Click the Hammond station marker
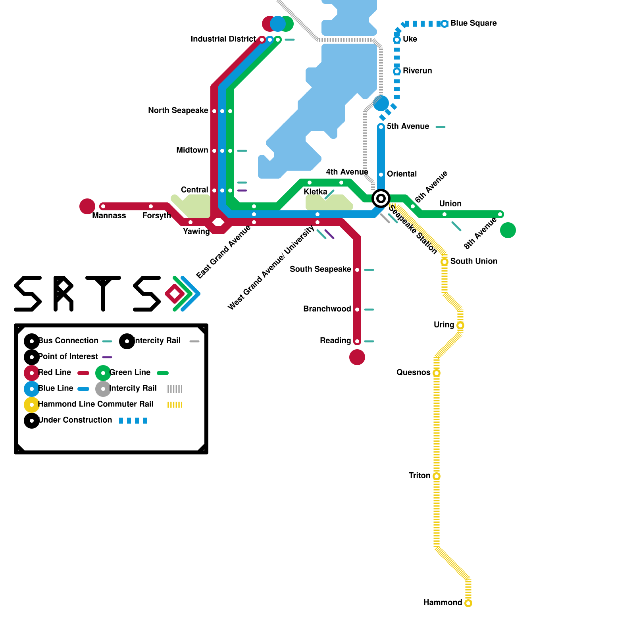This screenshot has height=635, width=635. (468, 603)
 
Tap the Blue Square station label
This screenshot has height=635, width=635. (473, 23)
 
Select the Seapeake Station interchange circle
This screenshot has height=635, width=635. (381, 198)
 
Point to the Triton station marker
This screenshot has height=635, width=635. (437, 476)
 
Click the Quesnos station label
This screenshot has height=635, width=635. (413, 373)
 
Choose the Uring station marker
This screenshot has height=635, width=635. (460, 325)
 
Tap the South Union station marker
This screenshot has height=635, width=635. (444, 262)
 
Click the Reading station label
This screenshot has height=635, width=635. (335, 341)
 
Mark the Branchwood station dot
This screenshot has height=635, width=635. (357, 310)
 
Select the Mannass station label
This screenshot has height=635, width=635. (109, 216)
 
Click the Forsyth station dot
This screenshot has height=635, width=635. (151, 206)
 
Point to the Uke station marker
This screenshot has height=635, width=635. (397, 40)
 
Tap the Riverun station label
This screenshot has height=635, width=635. (417, 71)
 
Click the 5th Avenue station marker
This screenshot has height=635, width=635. (381, 127)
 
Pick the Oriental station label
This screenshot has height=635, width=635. (402, 174)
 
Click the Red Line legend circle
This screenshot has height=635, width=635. (32, 373)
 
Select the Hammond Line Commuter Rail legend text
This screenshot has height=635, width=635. (95, 404)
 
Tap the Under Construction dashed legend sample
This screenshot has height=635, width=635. (133, 421)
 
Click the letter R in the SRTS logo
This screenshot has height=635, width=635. (63, 294)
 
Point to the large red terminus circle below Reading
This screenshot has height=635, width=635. (357, 357)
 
